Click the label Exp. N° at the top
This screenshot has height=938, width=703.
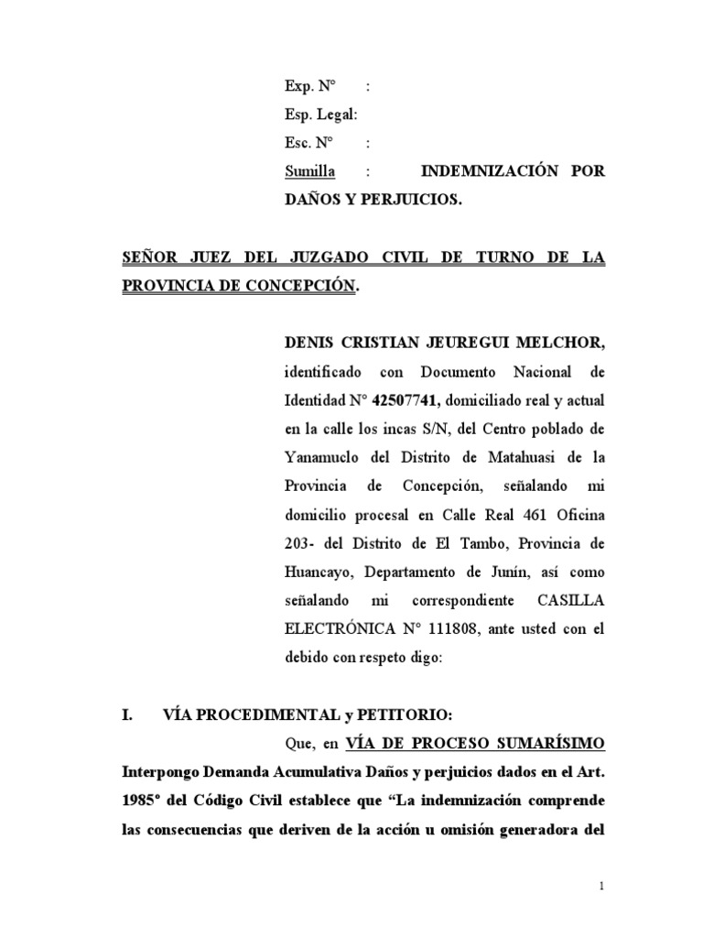point(310,86)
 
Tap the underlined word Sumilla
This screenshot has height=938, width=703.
point(309,171)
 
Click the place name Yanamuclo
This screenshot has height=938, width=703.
point(322,457)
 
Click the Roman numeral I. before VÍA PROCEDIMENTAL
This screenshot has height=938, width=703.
point(127,714)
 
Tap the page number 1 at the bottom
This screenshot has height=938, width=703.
point(601,887)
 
